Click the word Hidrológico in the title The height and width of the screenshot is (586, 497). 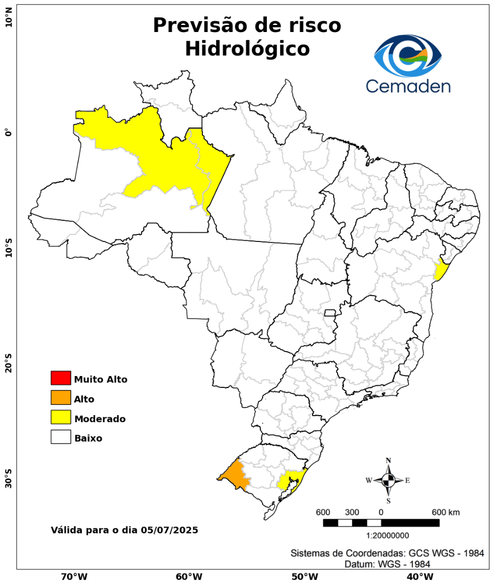click(x=247, y=49)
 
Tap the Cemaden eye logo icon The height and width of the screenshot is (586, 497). click(x=408, y=56)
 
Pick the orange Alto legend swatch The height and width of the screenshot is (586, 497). click(x=61, y=398)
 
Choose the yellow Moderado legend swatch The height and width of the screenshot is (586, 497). click(x=61, y=417)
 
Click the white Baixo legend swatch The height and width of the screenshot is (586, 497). click(x=61, y=437)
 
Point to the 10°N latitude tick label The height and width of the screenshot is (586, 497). click(x=9, y=22)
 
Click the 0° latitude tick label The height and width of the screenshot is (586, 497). click(x=9, y=132)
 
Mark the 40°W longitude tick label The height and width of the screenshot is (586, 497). click(x=419, y=576)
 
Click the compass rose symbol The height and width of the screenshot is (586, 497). click(x=388, y=480)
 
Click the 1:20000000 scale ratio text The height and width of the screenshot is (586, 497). click(x=387, y=536)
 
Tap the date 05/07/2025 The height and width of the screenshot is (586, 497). click(x=169, y=530)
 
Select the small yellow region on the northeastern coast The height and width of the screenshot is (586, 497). click(x=441, y=270)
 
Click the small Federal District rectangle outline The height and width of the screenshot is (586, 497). click(x=330, y=313)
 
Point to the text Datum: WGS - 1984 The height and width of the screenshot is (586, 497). click(x=387, y=564)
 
